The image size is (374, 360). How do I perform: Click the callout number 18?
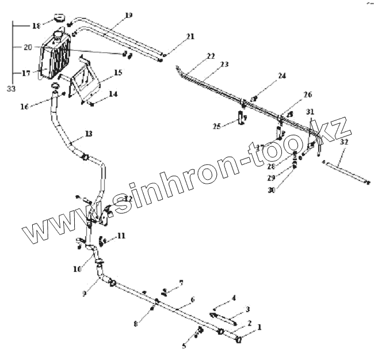(x=36, y=26)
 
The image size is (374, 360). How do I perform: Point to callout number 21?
(x=190, y=37)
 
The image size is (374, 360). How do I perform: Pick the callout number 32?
(x=344, y=141)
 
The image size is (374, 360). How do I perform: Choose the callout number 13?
(x=88, y=134)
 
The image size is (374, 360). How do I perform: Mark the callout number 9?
(x=85, y=293)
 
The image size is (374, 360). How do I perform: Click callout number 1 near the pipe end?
(x=259, y=327)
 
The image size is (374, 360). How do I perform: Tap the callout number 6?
(x=192, y=300)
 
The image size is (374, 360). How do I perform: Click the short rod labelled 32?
(x=345, y=172)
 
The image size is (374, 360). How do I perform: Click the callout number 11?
(x=120, y=236)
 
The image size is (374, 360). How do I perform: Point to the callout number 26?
(x=308, y=94)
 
